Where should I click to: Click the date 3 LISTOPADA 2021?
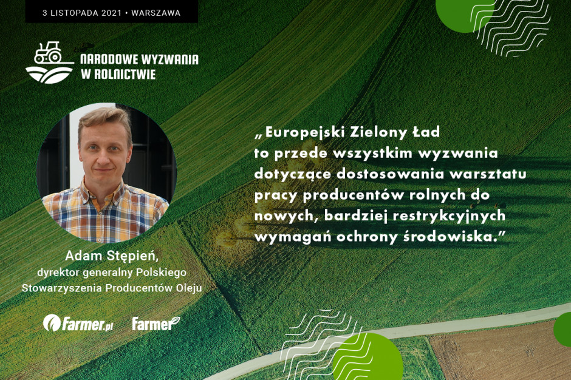82,13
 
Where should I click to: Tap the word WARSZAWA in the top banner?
156,13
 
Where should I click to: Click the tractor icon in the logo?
48,53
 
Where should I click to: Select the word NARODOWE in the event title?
108,59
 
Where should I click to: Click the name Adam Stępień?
112,256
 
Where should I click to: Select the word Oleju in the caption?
189,288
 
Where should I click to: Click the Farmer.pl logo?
78,323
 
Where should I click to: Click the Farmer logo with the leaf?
156,323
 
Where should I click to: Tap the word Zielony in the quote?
378,132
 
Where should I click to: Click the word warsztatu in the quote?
488,174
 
